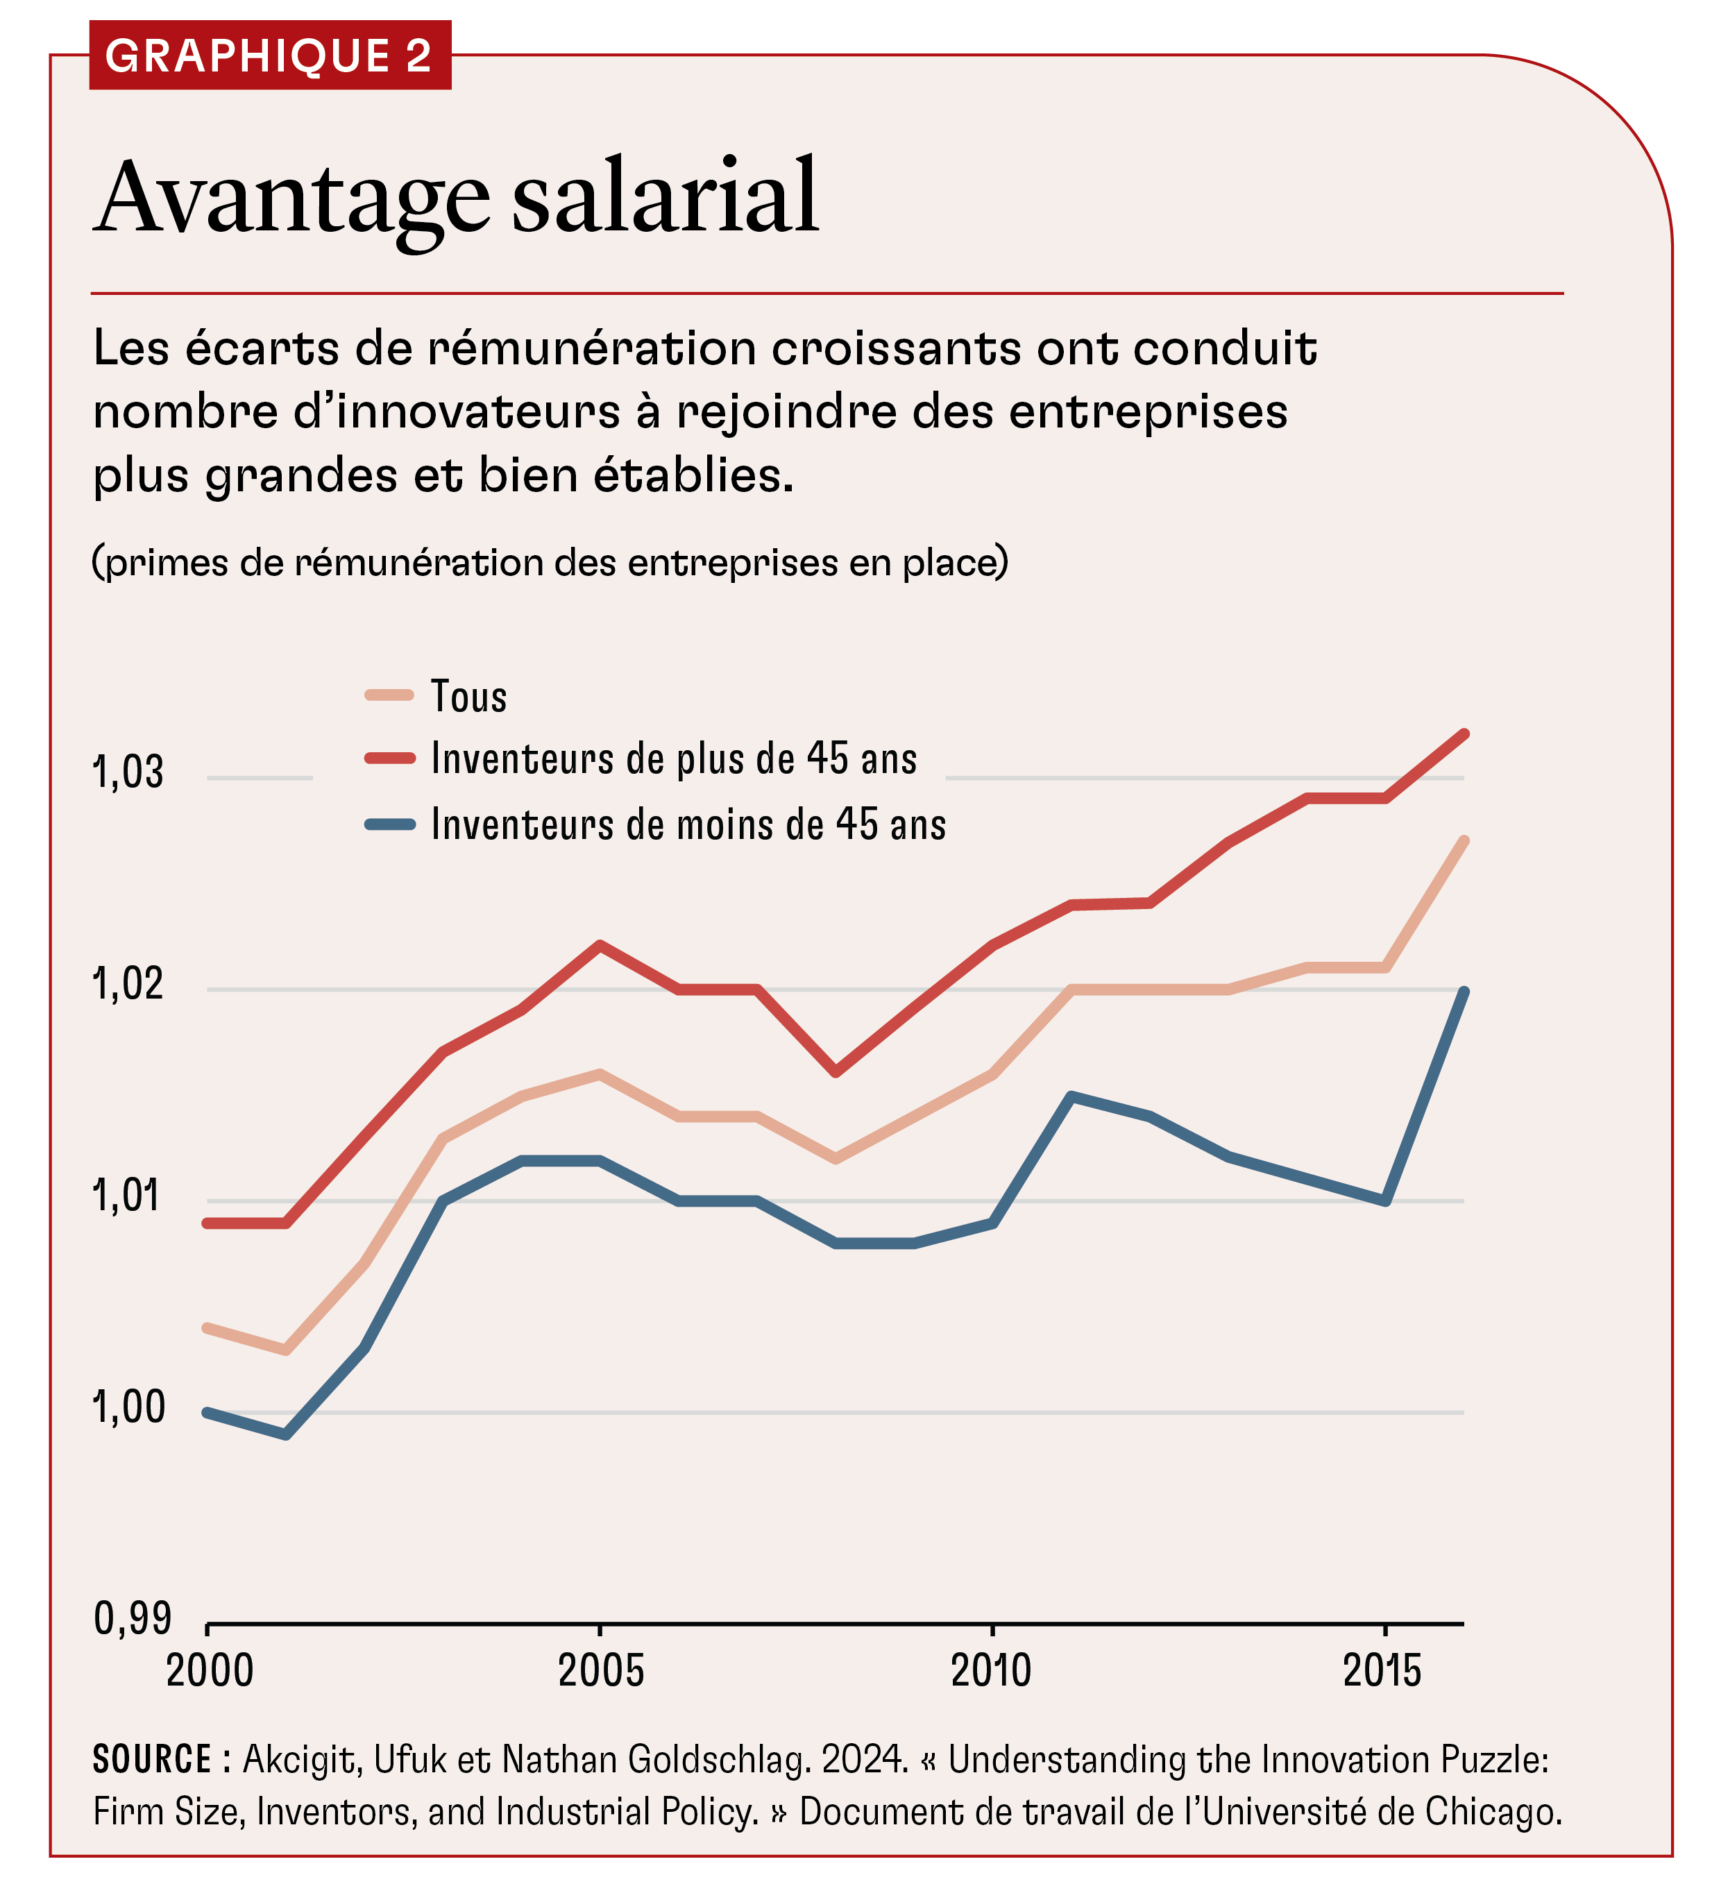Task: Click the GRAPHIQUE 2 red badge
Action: (269, 56)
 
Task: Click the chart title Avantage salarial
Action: (457, 198)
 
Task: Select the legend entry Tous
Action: (468, 697)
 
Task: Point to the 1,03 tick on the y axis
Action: (128, 772)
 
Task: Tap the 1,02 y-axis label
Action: (128, 984)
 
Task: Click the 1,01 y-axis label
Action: (128, 1196)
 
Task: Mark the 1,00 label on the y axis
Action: (128, 1407)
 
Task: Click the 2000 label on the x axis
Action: (210, 1672)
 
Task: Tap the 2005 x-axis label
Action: (601, 1672)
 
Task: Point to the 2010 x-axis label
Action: (992, 1672)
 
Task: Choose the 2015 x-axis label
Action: (1383, 1672)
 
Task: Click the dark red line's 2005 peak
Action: (600, 944)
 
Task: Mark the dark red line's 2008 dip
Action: (836, 1072)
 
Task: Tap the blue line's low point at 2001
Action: (287, 1434)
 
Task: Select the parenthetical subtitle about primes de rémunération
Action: (550, 563)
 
